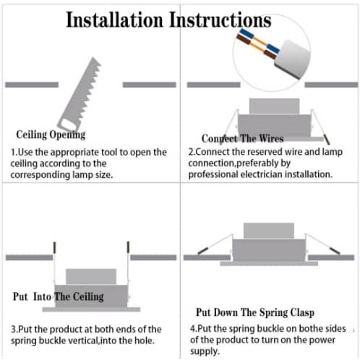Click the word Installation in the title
pos(114,20)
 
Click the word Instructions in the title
pos(220,20)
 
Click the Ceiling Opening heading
pos(51,134)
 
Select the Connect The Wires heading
pos(242,139)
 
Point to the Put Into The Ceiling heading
pos(59,296)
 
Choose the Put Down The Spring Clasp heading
pos(255,312)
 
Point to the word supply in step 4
pos(205,351)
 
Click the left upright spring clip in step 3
pos(54,247)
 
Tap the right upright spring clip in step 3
pos(128,247)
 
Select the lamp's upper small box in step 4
pos(269,231)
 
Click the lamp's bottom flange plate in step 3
pos(91,309)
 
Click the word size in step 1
pos(104,174)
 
